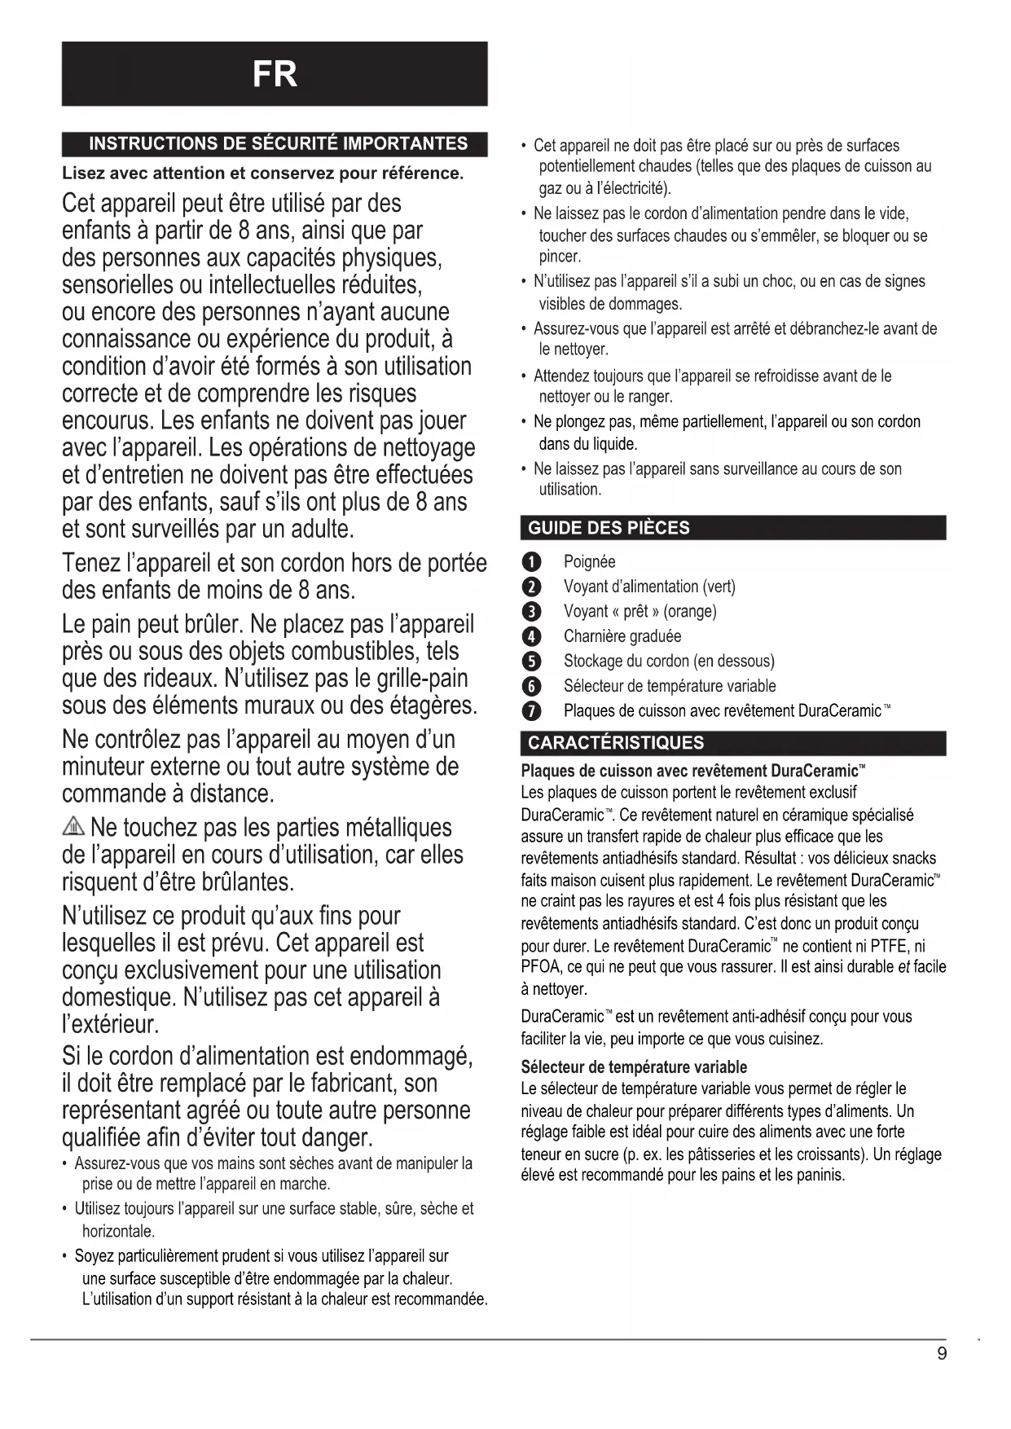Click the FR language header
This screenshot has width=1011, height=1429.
[x=275, y=74]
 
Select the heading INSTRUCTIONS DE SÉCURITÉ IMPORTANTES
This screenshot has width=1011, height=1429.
[x=278, y=144]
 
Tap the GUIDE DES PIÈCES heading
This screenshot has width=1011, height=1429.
[x=609, y=528]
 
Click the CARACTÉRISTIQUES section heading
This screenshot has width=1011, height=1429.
[x=616, y=742]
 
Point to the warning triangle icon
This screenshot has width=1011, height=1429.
[x=73, y=828]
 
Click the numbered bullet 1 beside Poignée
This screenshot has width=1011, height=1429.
[x=531, y=562]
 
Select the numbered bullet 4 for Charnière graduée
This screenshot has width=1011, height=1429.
[x=531, y=636]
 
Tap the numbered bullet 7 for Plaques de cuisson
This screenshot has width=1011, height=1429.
[x=531, y=711]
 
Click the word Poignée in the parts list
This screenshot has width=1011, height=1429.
[x=589, y=562]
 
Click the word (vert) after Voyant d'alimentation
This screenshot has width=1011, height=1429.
[x=719, y=587]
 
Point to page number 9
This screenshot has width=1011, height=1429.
[x=942, y=1353]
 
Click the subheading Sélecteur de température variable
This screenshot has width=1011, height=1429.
[x=634, y=1067]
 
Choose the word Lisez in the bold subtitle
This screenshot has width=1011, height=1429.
[x=83, y=174]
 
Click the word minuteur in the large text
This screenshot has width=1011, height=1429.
[x=117, y=767]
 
